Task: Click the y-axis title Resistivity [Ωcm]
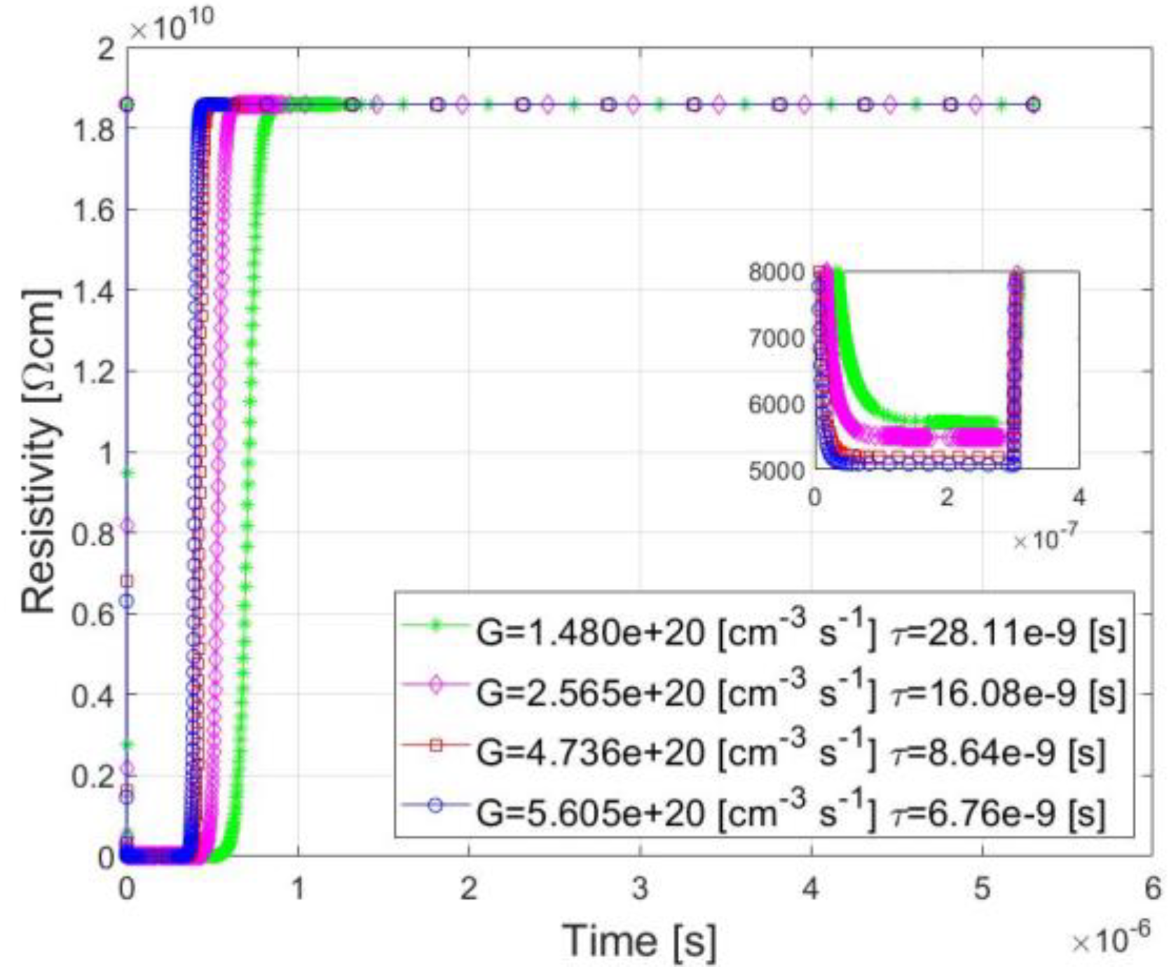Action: coord(39,452)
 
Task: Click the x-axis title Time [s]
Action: coord(639,941)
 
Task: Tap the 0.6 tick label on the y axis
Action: coord(95,615)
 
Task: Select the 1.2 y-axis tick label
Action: coord(95,372)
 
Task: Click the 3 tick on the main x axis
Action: coord(639,890)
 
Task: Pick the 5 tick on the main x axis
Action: coord(982,890)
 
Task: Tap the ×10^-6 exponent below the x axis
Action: coord(1111,940)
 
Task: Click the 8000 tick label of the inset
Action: coord(777,272)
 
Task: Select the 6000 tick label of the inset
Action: coord(777,405)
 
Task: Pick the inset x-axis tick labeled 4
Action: coord(1079,498)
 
